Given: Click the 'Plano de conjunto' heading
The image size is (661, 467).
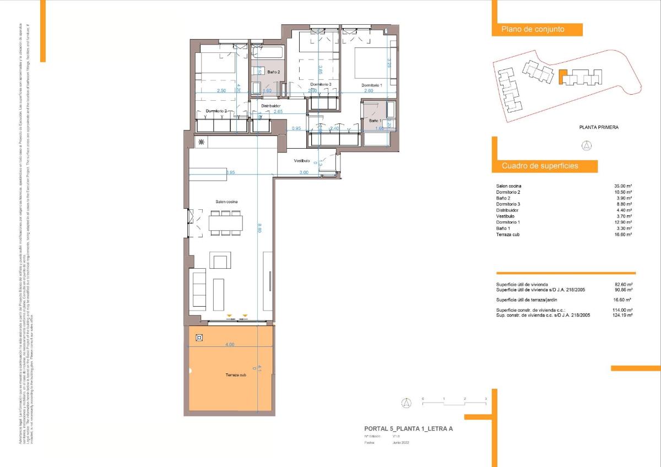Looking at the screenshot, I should [x=532, y=30].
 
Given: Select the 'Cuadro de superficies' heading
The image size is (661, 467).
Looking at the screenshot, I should [x=540, y=166].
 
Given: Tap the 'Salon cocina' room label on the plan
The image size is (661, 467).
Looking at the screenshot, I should [x=226, y=202].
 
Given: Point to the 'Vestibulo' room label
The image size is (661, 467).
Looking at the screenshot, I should [x=301, y=161].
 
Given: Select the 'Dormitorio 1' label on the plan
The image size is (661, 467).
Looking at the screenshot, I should [x=371, y=85].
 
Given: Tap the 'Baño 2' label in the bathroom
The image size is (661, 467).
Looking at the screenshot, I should [x=274, y=72].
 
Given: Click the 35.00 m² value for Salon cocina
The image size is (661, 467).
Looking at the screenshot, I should [x=622, y=186].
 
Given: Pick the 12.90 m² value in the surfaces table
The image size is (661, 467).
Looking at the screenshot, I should [x=622, y=222].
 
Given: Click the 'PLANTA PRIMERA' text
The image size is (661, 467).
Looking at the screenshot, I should [x=598, y=127].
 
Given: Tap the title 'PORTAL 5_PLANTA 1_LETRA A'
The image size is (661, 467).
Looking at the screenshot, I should [x=408, y=428].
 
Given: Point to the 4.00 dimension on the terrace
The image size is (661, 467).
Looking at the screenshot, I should [x=230, y=345].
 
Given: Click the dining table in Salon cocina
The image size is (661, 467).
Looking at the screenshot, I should [x=226, y=222].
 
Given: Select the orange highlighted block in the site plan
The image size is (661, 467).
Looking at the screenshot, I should [x=562, y=77].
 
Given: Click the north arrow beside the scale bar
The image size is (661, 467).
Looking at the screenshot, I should [x=406, y=403].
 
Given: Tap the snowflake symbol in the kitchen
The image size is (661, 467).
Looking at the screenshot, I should [x=201, y=143].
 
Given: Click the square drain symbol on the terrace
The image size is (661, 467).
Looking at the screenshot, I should [x=199, y=338].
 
